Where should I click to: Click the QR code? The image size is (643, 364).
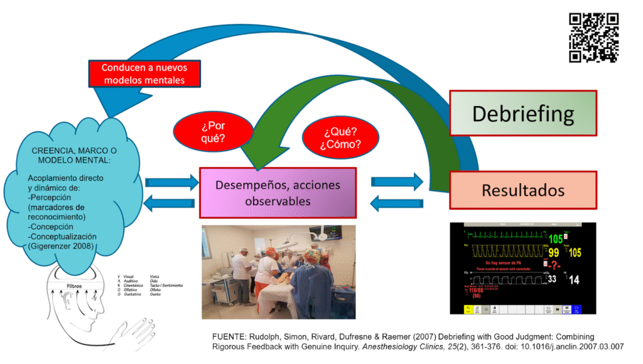point(593,38)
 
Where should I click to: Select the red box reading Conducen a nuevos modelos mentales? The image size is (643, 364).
point(144,73)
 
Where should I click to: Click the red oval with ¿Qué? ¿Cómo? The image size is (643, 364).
point(342,139)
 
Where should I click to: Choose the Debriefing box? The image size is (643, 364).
point(523,114)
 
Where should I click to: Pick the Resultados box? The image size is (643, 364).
point(523,190)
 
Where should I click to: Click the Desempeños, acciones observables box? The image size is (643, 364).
point(278,193)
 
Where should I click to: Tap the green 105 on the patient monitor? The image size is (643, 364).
point(556,238)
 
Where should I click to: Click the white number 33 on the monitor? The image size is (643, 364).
point(553,279)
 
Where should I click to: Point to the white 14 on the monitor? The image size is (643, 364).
point(574,280)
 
